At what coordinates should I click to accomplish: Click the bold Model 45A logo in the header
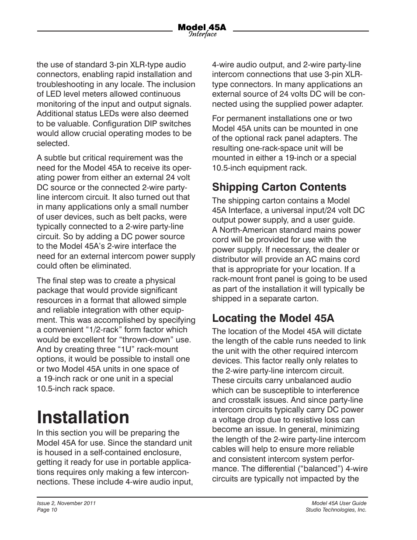pos(202,27)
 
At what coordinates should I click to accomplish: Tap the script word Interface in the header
pos(203,35)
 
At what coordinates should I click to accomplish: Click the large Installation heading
pos(83,418)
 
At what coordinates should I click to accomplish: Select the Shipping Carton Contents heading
pos(279,187)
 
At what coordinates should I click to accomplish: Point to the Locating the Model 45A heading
pos(273,318)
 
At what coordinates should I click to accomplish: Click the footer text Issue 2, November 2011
pos(66,503)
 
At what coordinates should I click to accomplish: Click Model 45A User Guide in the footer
pos(336,503)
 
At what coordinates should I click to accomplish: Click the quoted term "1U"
pos(127,349)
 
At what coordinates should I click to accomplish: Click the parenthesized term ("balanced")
pos(311,469)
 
